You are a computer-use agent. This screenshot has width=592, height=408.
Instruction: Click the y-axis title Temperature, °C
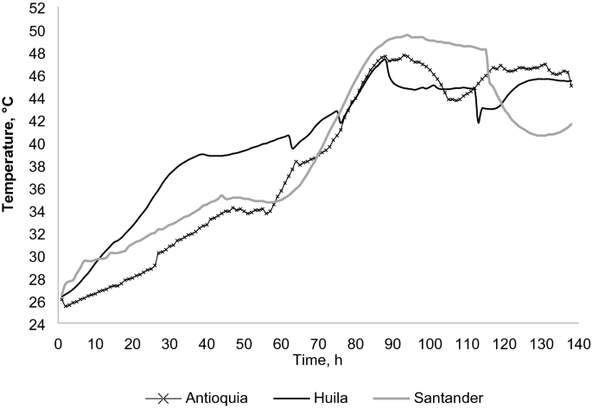point(9,166)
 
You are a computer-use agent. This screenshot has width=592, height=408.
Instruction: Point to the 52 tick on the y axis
point(37,9)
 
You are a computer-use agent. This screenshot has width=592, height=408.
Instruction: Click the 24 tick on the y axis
point(37,325)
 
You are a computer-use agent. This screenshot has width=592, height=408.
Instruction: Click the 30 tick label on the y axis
point(37,257)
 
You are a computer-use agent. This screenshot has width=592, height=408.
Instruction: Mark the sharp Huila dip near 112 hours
point(478,123)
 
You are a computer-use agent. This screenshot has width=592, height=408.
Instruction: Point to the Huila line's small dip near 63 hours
point(292,149)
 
